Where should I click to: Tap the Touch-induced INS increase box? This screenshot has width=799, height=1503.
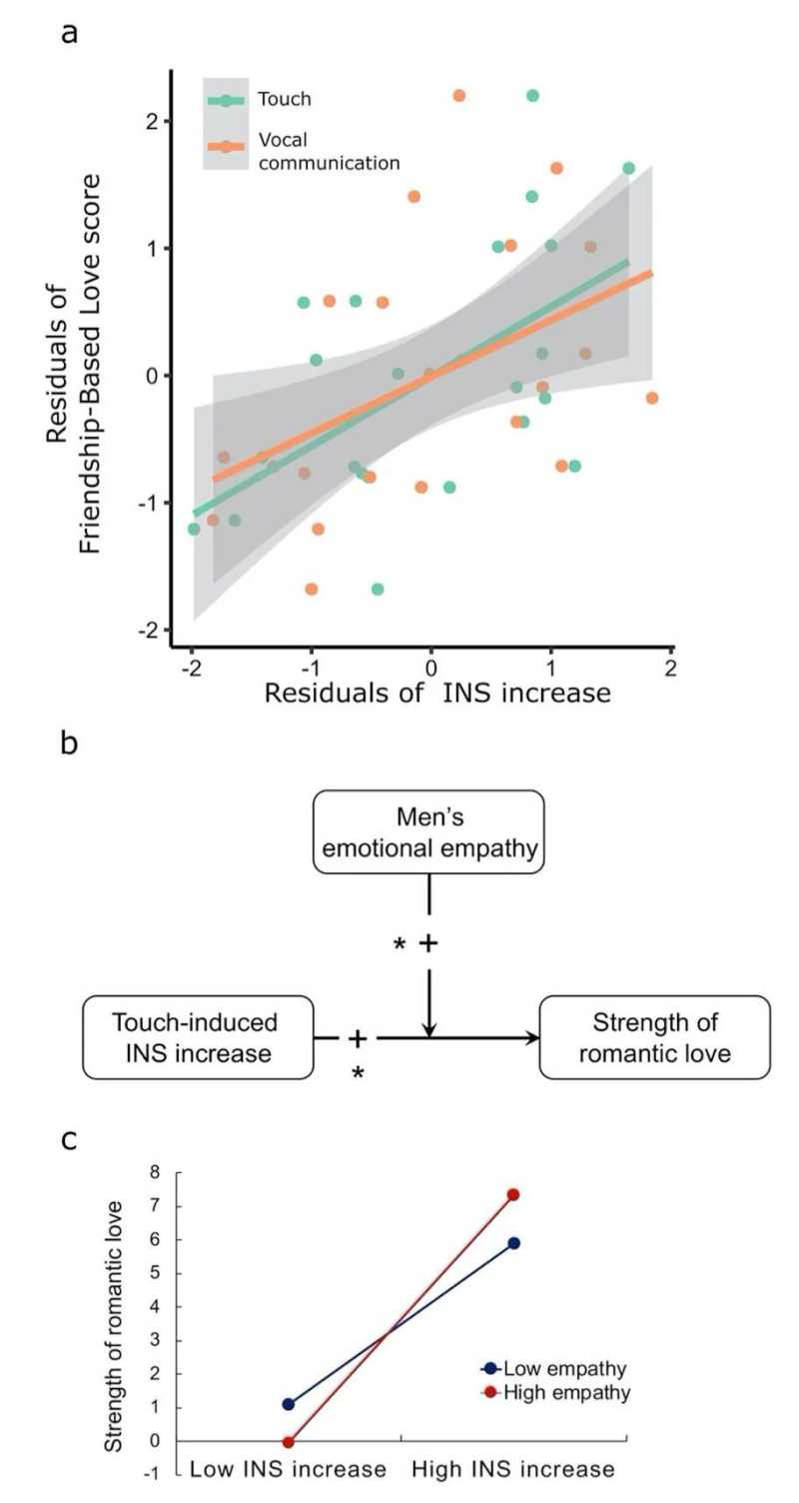coord(198,1037)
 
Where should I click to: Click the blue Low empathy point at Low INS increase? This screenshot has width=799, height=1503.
coord(289,1404)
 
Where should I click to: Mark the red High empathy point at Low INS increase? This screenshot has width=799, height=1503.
coord(289,1442)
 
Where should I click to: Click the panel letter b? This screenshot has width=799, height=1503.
coord(70,745)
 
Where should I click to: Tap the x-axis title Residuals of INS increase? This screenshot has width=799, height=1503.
coord(437,692)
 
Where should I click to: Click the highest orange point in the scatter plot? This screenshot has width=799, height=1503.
coord(458,96)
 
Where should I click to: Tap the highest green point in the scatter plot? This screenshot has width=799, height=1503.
coord(532,96)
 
